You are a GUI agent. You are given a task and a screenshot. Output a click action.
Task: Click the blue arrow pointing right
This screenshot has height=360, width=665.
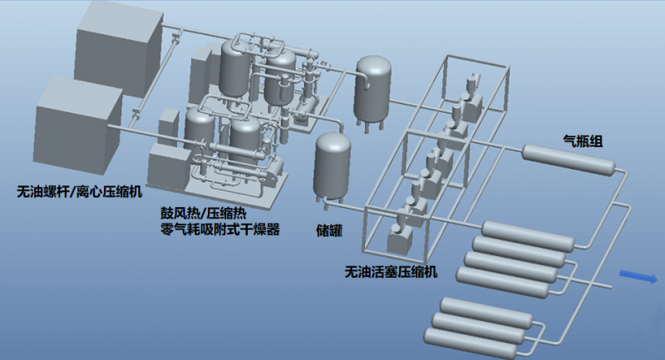638,277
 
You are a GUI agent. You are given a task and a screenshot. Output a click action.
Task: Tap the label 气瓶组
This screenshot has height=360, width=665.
583,141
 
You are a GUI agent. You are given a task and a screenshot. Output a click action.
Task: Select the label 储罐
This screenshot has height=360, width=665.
329,230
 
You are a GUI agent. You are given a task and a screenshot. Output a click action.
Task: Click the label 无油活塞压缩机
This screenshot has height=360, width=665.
391,271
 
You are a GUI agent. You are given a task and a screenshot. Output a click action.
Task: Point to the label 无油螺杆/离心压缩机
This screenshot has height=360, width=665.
79,192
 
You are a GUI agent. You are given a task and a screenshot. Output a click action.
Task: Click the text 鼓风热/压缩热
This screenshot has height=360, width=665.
203,213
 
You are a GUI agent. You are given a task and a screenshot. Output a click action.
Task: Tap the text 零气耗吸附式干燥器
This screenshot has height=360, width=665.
220,229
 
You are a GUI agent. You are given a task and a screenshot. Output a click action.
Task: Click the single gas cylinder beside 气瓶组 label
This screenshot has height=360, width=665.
569,160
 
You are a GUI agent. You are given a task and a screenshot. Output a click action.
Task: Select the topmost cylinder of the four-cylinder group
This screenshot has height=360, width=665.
528,236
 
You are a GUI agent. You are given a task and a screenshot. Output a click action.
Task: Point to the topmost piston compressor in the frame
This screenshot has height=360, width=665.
471,98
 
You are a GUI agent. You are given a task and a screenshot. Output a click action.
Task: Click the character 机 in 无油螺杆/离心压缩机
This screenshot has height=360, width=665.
135,192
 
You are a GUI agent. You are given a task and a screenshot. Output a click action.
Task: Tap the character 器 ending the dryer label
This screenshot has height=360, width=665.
273,229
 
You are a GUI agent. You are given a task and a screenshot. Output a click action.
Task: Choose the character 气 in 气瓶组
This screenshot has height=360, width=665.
569,141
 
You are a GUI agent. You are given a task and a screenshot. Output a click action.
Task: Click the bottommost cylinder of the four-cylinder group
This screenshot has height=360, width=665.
503,282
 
